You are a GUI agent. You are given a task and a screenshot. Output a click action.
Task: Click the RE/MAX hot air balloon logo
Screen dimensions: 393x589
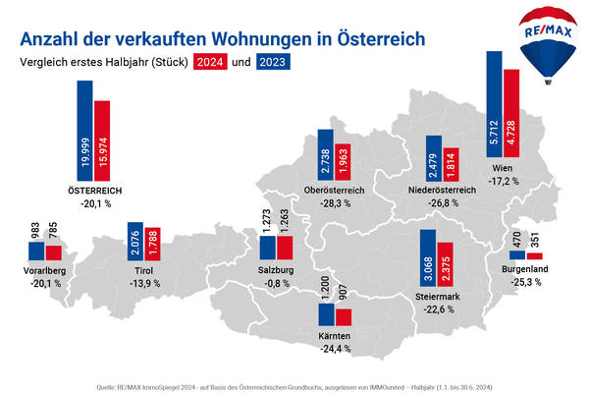pos(542,43)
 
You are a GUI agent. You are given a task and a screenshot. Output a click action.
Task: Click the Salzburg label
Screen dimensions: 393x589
pos(277,270)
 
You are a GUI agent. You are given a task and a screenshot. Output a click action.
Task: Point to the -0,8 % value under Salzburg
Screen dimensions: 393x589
pos(277,284)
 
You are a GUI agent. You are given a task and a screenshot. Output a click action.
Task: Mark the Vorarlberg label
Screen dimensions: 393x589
pos(46,269)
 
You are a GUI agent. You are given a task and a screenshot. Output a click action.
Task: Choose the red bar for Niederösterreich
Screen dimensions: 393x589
pos(451,162)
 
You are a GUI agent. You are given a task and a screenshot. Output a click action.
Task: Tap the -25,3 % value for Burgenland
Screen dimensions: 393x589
pos(525,282)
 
